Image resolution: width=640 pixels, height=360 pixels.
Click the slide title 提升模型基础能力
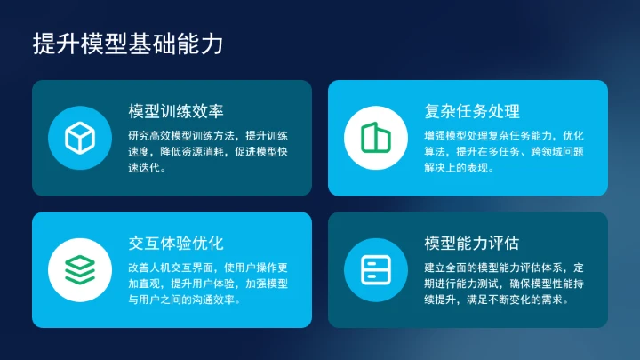click(128, 44)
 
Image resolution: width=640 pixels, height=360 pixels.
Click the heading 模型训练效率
click(176, 111)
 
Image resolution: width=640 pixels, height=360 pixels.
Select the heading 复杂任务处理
click(472, 111)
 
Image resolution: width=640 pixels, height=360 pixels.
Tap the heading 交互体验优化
click(176, 243)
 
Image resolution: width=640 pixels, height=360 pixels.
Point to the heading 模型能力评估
click(472, 243)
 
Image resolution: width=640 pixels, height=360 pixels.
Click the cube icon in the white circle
click(80, 137)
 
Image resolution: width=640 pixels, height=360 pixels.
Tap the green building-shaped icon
click(376, 137)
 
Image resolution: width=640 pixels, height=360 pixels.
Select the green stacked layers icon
click(80, 268)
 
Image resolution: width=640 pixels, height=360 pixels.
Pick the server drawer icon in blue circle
click(376, 268)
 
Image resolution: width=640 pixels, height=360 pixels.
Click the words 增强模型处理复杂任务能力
click(489, 135)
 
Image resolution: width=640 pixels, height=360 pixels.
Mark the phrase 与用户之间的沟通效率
click(181, 299)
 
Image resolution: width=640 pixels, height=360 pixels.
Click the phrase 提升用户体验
click(203, 283)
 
